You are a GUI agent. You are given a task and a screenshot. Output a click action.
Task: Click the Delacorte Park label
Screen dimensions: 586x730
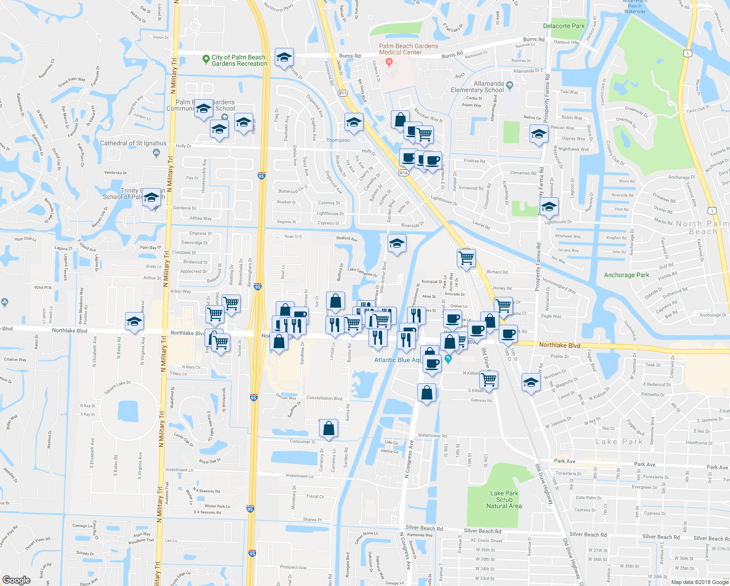coord(564,26)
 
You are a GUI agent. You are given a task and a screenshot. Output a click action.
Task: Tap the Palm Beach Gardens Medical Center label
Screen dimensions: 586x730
coord(408,49)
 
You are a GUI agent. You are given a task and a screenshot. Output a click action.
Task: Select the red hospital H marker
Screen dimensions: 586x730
coord(389,62)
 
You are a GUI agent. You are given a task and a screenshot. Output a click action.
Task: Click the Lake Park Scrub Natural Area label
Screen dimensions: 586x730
coord(504,500)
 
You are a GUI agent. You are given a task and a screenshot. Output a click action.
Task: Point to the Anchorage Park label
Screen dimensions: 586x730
coord(627,275)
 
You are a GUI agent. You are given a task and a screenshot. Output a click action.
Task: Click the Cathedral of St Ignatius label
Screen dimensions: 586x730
coord(133,143)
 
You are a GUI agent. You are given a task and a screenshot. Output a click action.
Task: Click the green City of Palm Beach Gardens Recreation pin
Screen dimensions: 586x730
coord(206,59)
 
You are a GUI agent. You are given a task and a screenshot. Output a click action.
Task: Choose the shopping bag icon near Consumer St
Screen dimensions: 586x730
coord(329,428)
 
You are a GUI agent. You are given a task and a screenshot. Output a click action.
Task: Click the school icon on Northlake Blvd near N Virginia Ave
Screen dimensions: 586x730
coord(134,321)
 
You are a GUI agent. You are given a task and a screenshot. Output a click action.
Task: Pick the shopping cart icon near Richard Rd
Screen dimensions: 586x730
coord(466,257)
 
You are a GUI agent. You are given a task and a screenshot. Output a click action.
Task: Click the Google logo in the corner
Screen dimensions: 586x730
coord(16,580)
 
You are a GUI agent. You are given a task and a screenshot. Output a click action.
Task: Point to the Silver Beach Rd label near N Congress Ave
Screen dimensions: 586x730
coord(424,528)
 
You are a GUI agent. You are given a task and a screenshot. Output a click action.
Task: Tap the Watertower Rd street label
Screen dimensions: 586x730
coord(432,436)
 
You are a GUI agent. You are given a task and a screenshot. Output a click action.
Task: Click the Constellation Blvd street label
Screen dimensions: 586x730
coord(324,398)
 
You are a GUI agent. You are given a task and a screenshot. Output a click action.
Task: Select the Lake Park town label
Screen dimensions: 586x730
coord(619,441)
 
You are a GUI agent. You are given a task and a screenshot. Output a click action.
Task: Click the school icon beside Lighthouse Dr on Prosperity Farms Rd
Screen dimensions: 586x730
coord(549,207)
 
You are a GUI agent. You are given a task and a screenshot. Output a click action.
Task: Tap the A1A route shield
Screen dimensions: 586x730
coord(403,173)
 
